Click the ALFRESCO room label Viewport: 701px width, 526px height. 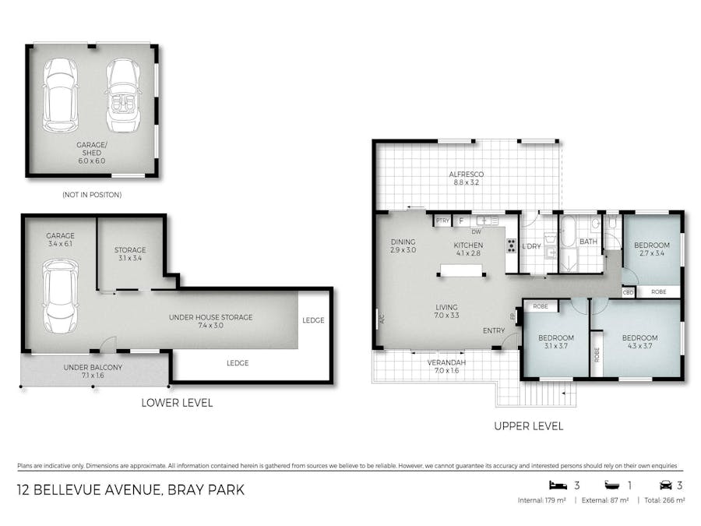pos(466,175)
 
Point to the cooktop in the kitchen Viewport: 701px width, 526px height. pos(512,246)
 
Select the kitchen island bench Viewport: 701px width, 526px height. pos(462,270)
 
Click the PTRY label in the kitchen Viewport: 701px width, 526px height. pos(442,221)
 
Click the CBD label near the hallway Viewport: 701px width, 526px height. pos(628,292)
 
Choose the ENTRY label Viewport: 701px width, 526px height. pos(493,331)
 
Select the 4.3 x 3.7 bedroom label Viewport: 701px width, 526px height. pos(639,341)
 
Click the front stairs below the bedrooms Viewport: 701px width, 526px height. pos(548,393)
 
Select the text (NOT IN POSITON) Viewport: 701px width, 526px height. pos(91,194)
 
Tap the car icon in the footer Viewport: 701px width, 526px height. pos(666,485)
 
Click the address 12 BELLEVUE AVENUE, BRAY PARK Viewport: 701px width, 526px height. pos(131,490)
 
